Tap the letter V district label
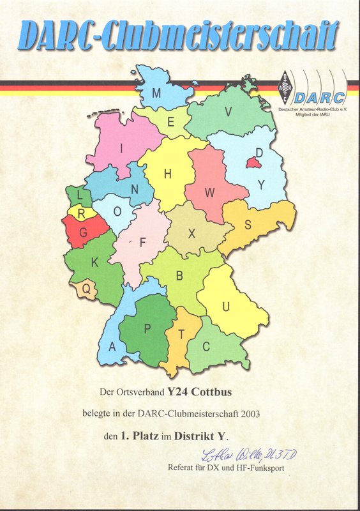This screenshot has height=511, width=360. pos(228,111)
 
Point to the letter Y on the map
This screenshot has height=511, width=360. pos(260,185)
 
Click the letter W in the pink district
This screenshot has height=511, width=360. pos(210,192)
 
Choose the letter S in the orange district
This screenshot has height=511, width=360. pos(248,225)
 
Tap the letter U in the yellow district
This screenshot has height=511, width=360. pos(225,307)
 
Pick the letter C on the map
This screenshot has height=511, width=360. pos(206,346)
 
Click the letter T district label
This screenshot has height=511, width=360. pos(181,334)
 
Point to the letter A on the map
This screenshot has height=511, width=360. pos(112,347)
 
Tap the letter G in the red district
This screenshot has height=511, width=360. pos(82,234)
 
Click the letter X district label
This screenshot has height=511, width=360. pos(191,234)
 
